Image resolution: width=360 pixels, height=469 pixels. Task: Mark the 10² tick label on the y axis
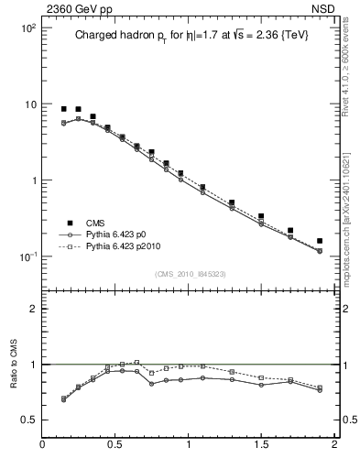coord(27,28)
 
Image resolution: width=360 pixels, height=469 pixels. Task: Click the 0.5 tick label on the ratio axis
coord(27,420)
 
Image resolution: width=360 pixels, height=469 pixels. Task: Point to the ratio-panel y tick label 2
coord(31,310)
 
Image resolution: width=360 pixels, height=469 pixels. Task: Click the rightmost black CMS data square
coord(320,241)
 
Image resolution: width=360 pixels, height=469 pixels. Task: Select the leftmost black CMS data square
coord(63,109)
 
